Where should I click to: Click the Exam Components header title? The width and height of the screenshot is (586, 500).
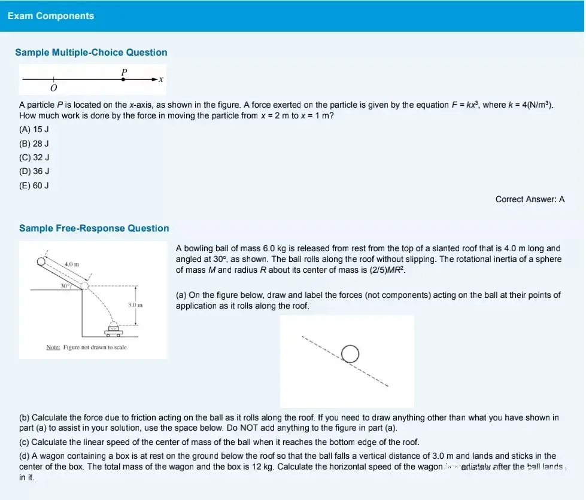click(51, 16)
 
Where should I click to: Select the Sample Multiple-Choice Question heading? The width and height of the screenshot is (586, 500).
click(91, 53)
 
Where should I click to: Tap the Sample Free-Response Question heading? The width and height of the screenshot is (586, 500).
click(94, 228)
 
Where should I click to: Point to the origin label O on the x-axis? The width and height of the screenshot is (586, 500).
click(53, 89)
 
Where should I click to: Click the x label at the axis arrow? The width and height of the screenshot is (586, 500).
click(161, 80)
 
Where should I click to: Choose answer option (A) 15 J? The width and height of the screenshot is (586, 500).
click(34, 130)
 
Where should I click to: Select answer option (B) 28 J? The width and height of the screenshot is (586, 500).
click(34, 144)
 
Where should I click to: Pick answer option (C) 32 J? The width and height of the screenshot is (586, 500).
click(34, 157)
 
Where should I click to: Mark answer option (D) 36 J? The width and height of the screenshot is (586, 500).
click(34, 172)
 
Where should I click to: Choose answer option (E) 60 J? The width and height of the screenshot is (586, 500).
click(34, 185)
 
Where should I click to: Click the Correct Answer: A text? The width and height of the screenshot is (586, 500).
click(530, 200)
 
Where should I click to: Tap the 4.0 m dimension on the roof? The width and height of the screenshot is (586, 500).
click(72, 264)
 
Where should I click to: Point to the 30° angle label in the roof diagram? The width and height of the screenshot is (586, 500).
click(65, 286)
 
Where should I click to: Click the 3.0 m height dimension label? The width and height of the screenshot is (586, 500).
click(134, 306)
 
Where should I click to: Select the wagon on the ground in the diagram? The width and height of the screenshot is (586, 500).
click(114, 327)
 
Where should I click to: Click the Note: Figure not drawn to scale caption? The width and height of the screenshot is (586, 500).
click(87, 347)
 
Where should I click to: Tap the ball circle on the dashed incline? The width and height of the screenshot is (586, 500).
click(350, 353)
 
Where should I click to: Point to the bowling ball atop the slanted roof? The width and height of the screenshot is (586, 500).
click(41, 261)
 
